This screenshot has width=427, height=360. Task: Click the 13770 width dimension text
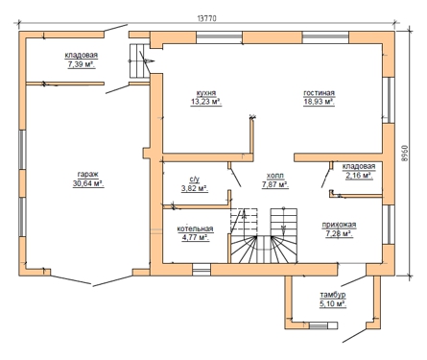click(206, 18)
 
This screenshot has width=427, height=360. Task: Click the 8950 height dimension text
click(404, 153)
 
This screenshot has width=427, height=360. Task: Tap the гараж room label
click(88, 175)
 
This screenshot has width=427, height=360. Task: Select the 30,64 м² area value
click(88, 183)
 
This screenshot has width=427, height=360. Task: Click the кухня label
click(206, 93)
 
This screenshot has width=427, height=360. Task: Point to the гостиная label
click(319, 93)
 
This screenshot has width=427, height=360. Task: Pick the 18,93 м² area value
click(319, 102)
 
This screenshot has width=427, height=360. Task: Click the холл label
click(275, 176)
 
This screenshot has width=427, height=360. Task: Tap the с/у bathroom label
click(195, 180)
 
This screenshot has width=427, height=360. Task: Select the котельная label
click(195, 228)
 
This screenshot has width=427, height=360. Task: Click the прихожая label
click(339, 225)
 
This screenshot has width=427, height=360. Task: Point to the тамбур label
click(333, 295)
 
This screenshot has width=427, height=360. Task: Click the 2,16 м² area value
click(359, 176)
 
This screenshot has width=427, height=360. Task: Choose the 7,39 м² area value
click(82, 64)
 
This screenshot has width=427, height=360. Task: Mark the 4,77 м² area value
click(195, 238)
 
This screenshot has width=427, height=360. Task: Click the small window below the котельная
click(202, 270)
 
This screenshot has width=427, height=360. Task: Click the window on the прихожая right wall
click(389, 225)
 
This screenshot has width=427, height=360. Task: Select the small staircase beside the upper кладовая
click(139, 60)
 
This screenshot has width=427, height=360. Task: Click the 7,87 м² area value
click(275, 184)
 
